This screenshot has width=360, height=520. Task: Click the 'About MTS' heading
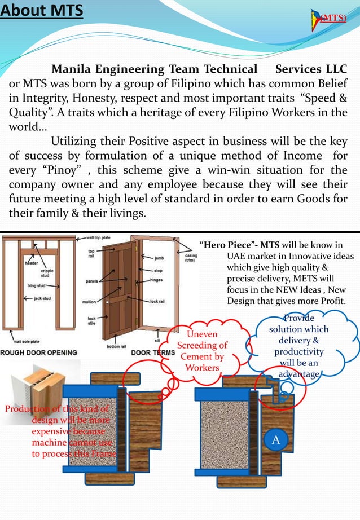(42, 11)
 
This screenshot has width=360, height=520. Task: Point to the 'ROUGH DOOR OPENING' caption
(39, 352)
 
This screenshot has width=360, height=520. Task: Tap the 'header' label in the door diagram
(31, 263)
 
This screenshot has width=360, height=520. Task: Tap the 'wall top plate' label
(98, 238)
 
